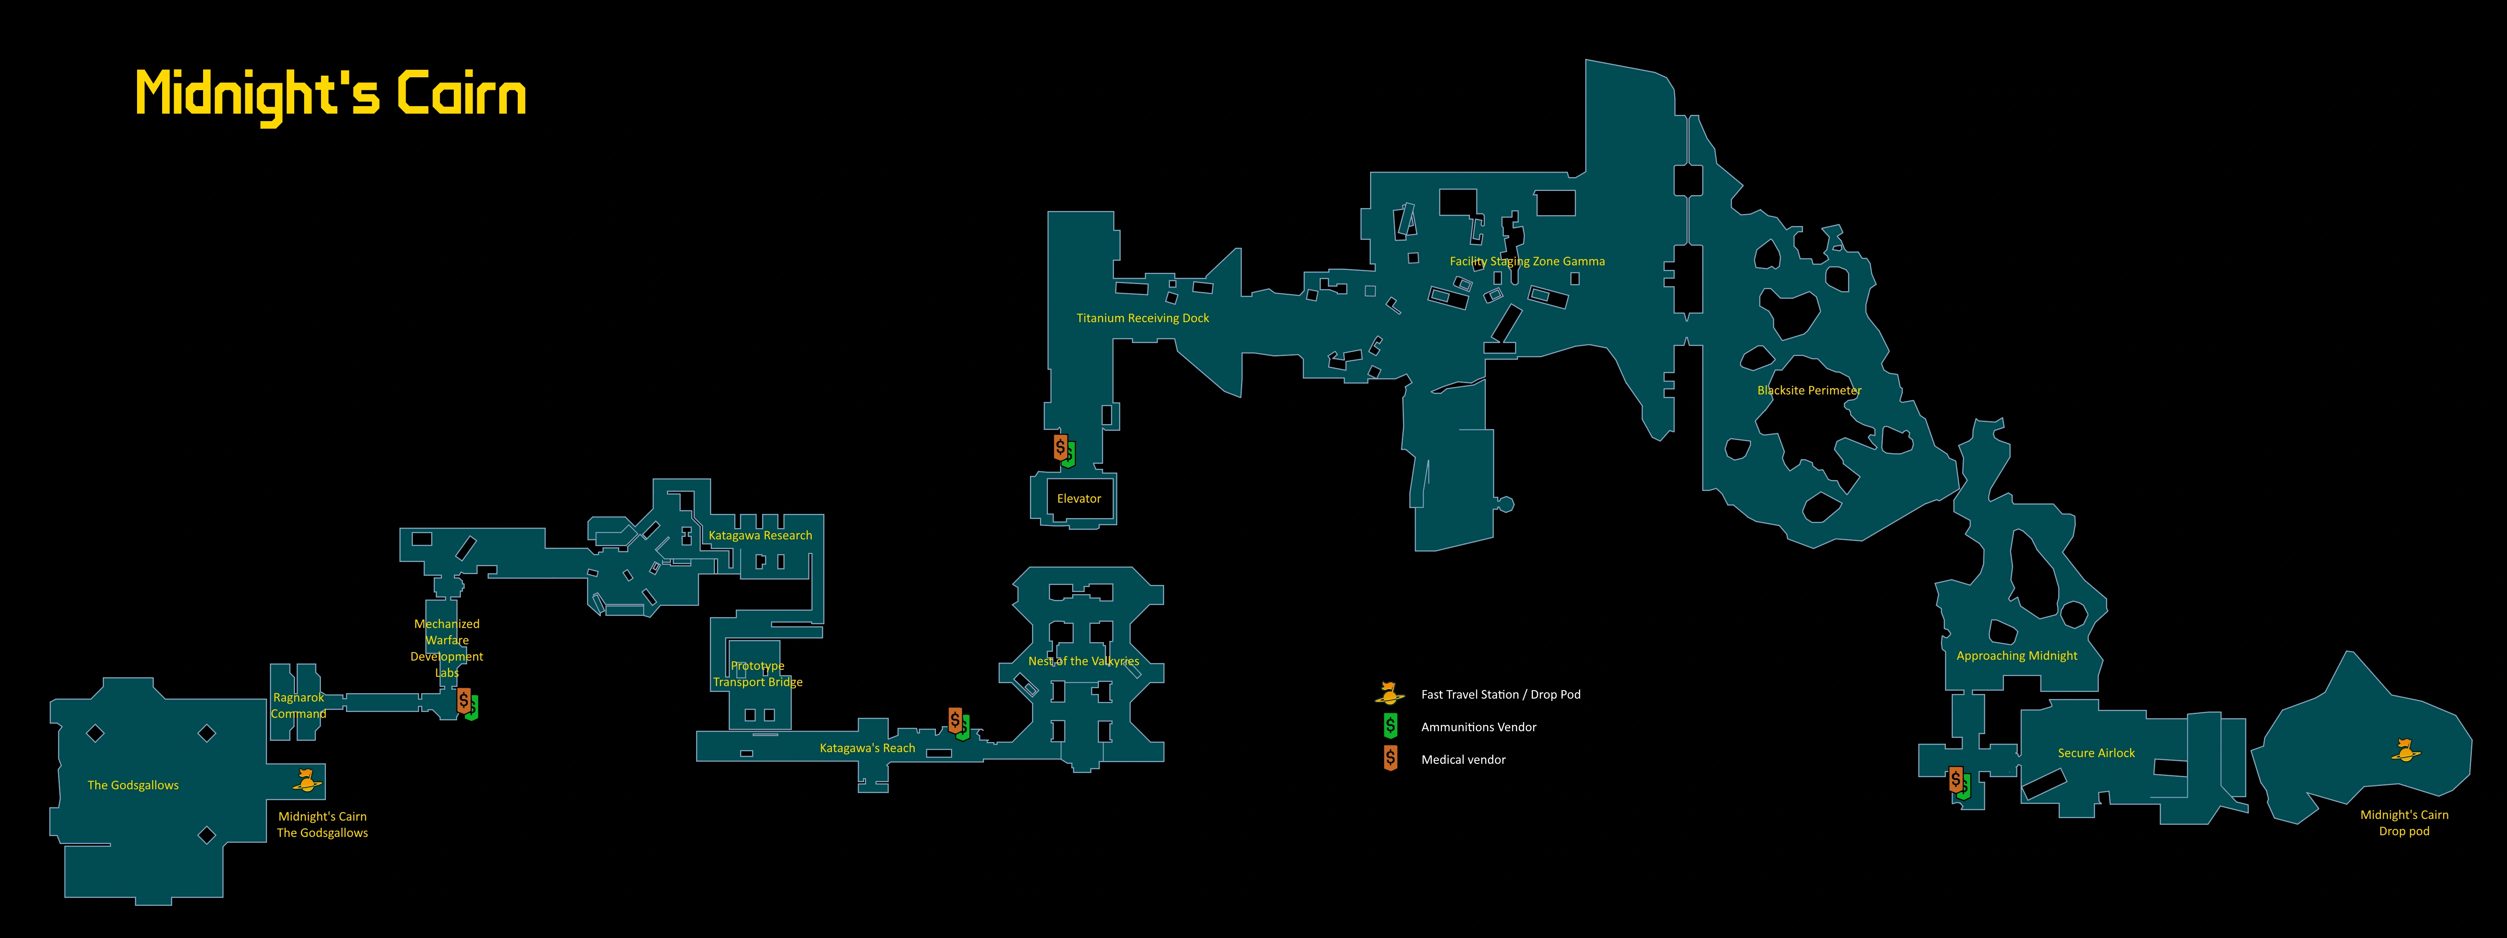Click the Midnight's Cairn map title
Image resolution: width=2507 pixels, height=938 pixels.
pos(331,94)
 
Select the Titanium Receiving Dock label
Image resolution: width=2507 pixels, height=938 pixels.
pos(1142,318)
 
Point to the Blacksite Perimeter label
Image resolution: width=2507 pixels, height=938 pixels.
pos(1808,390)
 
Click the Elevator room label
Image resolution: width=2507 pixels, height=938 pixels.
pos(1078,498)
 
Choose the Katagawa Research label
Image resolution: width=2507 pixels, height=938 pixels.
pos(760,535)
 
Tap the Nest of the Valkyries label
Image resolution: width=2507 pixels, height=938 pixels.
pos(1083,661)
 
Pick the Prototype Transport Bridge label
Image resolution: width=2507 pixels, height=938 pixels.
pos(757,674)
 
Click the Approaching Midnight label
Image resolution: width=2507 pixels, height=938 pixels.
pos(2016,656)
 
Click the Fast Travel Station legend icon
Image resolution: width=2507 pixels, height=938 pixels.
pos(1390,694)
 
